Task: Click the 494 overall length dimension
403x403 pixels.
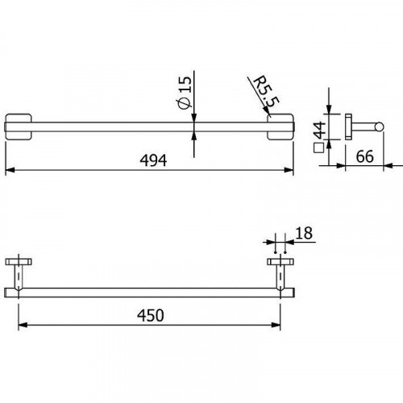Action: (152, 160)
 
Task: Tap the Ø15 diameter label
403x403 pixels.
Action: (183, 92)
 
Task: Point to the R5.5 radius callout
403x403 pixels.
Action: (260, 91)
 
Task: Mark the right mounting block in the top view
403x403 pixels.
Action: (279, 127)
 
